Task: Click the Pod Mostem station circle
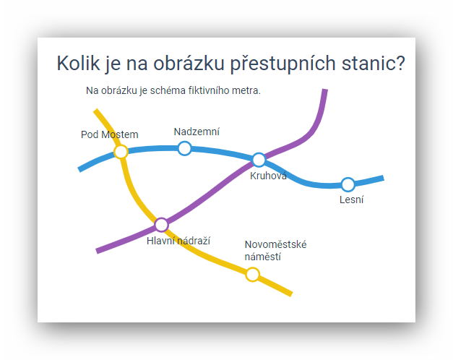[121, 152]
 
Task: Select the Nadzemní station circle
[185, 148]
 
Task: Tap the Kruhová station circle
[259, 160]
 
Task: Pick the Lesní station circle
[348, 184]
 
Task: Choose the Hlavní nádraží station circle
[161, 225]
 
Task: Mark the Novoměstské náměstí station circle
[252, 275]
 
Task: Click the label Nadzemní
[197, 132]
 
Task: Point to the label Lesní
[351, 200]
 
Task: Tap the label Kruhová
[268, 176]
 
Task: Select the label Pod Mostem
[110, 134]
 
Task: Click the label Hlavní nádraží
[178, 241]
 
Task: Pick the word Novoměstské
[275, 244]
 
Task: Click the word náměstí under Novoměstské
[262, 257]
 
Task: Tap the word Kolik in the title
[78, 63]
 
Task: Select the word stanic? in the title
[374, 63]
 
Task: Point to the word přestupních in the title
[282, 64]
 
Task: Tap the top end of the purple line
[325, 90]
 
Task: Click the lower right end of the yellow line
[291, 293]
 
